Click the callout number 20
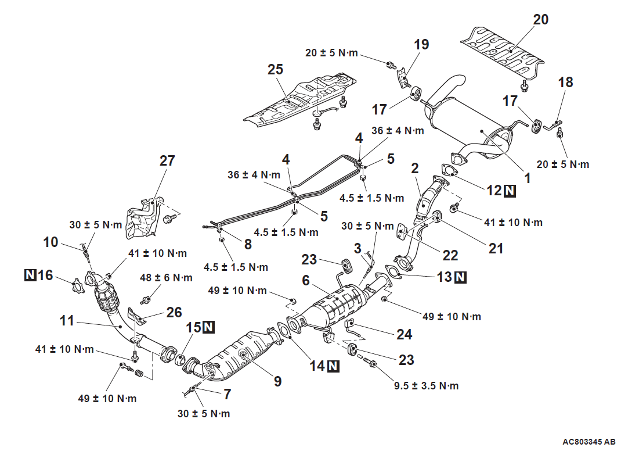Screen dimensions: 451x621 [x=540, y=20]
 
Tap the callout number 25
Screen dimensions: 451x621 [x=275, y=70]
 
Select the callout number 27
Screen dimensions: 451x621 [x=167, y=160]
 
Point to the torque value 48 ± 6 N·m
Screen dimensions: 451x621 [x=158, y=279]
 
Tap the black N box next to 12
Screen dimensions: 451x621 [x=509, y=190]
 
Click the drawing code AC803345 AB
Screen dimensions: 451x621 [x=587, y=442]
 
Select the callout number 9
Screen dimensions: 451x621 [x=277, y=381]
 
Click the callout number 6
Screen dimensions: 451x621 [x=305, y=280]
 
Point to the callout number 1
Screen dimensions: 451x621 [x=527, y=178]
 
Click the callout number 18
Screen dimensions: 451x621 [x=565, y=83]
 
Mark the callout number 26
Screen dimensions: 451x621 [x=174, y=312]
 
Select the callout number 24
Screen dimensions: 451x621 [x=404, y=334]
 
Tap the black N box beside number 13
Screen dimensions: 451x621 [x=460, y=277]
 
